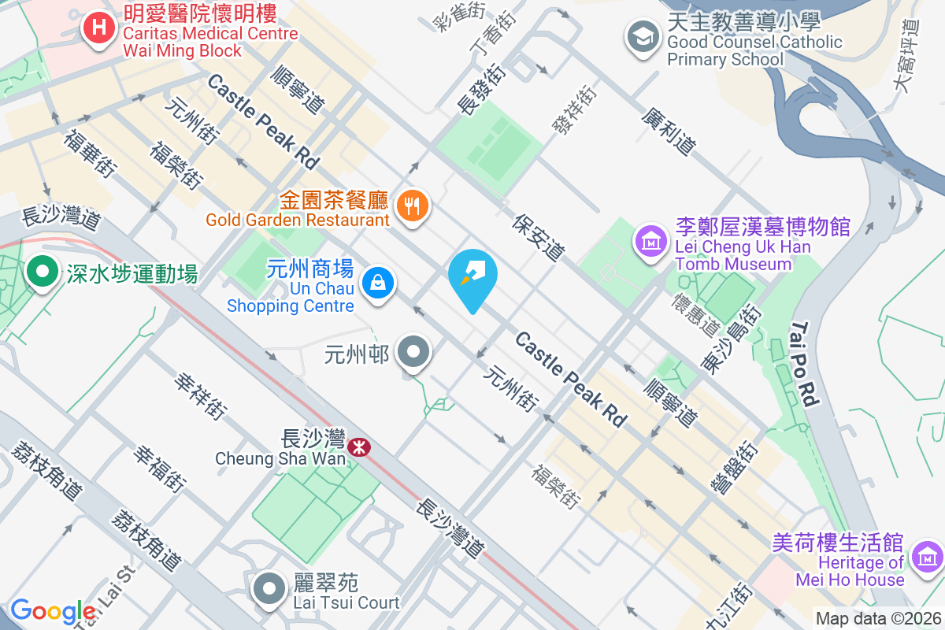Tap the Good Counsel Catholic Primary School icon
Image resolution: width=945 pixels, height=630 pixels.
coord(643,36)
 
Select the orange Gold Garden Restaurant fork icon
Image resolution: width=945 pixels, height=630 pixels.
coord(411,206)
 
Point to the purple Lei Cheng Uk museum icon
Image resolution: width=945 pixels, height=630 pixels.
coord(651,240)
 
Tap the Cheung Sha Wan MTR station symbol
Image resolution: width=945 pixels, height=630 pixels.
coord(360,447)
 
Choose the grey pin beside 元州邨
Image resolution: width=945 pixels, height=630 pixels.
coord(413,353)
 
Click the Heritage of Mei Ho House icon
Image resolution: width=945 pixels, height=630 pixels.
coord(928,557)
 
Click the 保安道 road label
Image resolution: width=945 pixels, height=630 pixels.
coord(539,237)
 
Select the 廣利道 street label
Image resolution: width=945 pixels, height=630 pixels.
coord(669,131)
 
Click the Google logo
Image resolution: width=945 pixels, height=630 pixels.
coord(53,611)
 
